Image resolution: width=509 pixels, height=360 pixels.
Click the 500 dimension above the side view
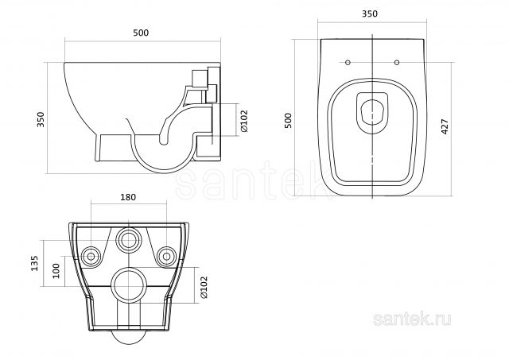click(x=141, y=33)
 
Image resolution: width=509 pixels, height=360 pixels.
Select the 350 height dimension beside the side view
click(x=41, y=119)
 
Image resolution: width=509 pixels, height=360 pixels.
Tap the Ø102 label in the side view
click(x=244, y=121)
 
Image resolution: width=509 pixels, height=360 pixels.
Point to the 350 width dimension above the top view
click(x=370, y=14)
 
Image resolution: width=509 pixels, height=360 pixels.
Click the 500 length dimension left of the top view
click(x=288, y=121)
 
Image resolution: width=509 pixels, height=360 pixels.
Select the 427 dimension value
click(x=445, y=126)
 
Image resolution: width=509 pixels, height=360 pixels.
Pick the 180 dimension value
click(x=128, y=197)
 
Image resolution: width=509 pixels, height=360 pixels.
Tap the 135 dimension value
click(x=34, y=263)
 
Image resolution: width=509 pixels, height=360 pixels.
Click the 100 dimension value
click(x=56, y=271)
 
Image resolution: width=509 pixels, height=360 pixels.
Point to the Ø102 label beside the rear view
click(x=204, y=287)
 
